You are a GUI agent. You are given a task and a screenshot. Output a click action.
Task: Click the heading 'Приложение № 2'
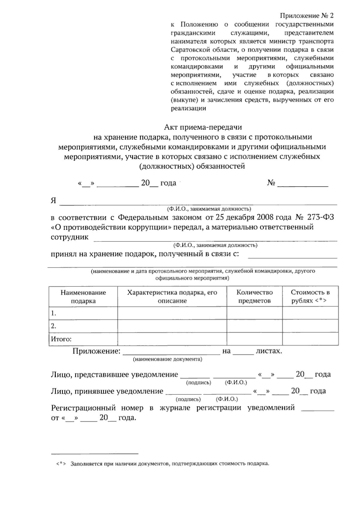(306, 16)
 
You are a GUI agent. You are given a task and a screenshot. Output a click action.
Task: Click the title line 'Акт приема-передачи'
(203, 127)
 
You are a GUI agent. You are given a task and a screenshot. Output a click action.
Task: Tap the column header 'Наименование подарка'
(83, 297)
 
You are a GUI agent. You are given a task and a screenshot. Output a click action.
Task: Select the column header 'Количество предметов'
(254, 297)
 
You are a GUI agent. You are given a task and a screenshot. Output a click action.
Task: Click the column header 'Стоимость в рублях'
(310, 297)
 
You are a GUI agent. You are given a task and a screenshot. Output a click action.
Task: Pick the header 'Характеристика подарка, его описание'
(172, 297)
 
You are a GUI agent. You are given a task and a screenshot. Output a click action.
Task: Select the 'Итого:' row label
(61, 339)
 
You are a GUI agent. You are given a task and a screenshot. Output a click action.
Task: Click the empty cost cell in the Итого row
(310, 339)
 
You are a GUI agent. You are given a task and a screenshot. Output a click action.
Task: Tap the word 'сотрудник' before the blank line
(70, 237)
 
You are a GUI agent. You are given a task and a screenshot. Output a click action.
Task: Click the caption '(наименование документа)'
(167, 359)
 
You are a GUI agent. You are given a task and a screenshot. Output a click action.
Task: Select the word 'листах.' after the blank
(268, 351)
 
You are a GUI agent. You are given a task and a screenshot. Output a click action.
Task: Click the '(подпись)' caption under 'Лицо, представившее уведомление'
(199, 383)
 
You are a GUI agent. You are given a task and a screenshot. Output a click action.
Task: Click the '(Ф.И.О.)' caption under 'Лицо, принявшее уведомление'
(226, 399)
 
